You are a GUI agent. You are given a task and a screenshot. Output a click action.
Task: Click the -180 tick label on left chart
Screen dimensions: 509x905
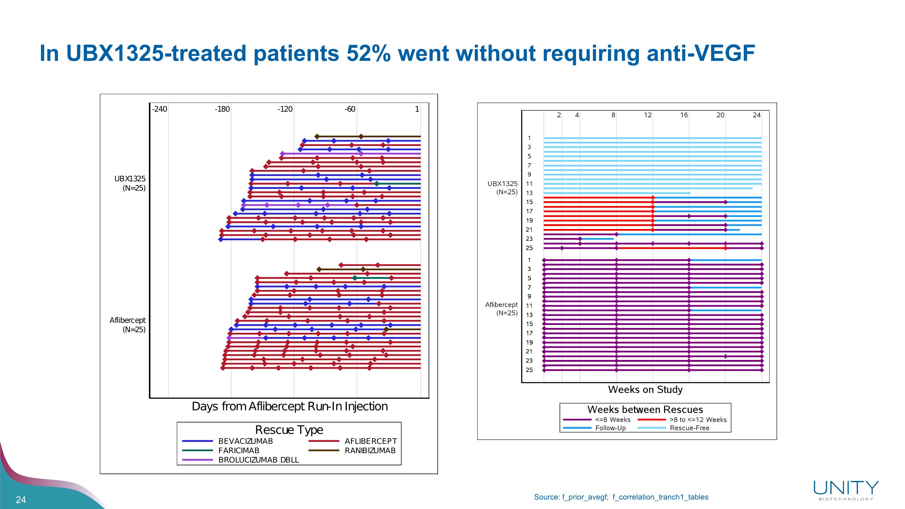[222, 109]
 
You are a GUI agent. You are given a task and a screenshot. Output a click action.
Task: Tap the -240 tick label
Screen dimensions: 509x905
[160, 109]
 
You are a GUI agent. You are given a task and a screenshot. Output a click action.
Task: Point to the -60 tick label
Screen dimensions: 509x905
[350, 109]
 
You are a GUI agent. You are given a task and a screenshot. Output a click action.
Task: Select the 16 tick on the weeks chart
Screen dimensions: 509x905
[684, 115]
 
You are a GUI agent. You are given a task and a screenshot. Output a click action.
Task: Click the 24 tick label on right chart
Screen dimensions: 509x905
[756, 115]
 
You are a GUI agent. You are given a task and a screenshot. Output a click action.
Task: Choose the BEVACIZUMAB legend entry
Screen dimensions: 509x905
[245, 441]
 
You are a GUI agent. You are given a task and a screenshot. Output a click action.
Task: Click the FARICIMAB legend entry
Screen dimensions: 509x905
[239, 451]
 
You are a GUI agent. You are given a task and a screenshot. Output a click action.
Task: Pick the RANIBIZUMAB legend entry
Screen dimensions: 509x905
[370, 451]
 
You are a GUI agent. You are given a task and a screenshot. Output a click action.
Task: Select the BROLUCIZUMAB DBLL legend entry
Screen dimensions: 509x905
[258, 460]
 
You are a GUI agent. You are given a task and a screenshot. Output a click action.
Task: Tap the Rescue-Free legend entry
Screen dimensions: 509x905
[689, 428]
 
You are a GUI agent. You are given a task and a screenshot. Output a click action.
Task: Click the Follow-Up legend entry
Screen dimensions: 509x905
[610, 428]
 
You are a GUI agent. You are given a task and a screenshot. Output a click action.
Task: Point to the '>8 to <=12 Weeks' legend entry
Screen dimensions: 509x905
[698, 420]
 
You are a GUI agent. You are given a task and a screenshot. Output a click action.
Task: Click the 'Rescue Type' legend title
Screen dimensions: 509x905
[289, 430]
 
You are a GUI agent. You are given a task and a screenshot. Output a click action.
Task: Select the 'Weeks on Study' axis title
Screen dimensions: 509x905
[645, 390]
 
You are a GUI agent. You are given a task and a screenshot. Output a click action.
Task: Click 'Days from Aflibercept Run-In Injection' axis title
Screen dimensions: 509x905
[290, 406]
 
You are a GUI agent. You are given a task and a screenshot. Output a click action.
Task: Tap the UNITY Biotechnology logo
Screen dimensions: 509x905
[846, 490]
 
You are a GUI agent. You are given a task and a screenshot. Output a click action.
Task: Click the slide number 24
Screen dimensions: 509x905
[21, 500]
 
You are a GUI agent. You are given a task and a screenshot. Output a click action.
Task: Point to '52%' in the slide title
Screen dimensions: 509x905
[368, 53]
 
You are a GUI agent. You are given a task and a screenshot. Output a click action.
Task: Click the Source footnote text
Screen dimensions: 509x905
[621, 497]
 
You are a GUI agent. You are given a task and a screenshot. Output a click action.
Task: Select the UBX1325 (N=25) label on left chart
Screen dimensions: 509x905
[130, 183]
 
